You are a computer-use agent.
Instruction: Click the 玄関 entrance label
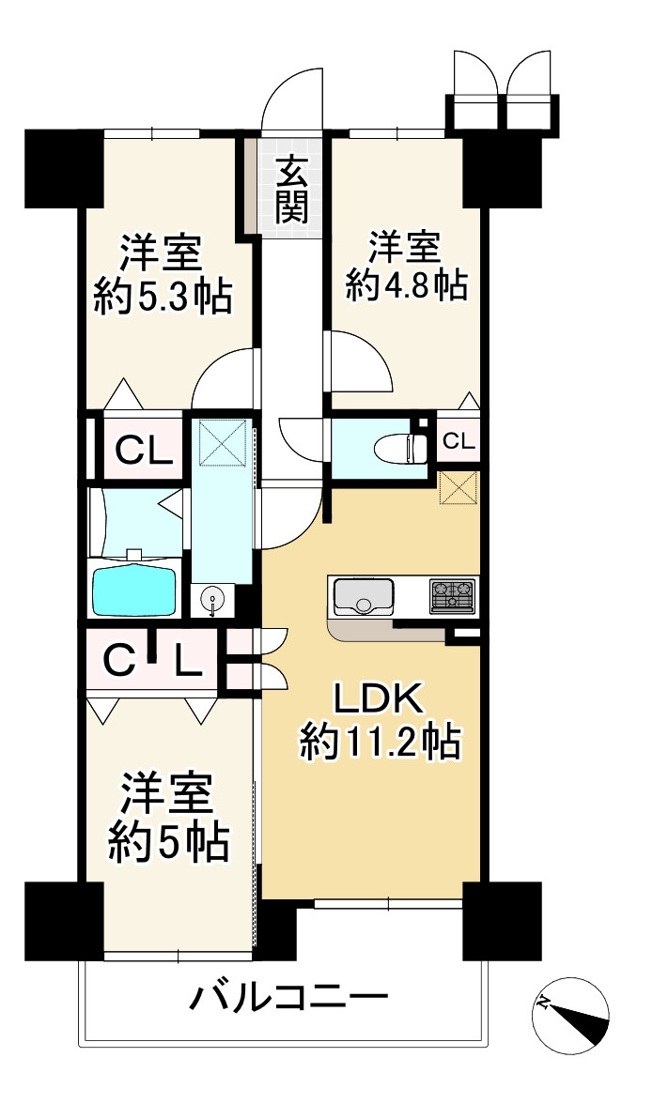tap(292, 191)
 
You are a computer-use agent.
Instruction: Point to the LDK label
tap(381, 699)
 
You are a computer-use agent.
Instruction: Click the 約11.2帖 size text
tap(380, 743)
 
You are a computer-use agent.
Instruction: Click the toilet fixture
tap(398, 447)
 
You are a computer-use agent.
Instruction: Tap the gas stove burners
tap(453, 594)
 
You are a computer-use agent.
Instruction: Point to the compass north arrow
tap(570, 1015)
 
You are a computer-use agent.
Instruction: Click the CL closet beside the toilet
tap(459, 441)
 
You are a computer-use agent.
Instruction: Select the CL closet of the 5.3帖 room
tap(143, 452)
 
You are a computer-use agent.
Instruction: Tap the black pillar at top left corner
tap(63, 167)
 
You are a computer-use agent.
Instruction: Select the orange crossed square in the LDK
tap(459, 488)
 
